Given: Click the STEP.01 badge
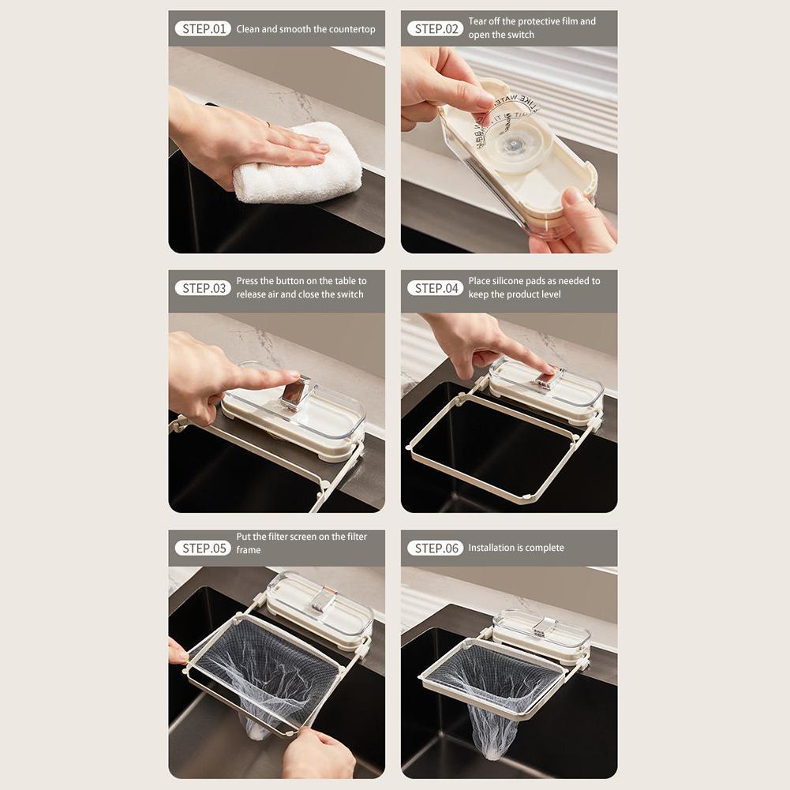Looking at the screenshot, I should [203, 29].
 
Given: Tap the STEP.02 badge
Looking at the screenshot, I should [435, 29].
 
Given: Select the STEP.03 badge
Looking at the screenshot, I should [203, 288].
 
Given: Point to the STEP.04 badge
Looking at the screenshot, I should [435, 288].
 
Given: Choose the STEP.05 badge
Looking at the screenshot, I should [203, 548].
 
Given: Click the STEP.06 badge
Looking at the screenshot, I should [435, 548].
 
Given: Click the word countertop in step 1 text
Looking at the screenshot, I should [351, 29].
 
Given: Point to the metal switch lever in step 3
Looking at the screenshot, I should [295, 391].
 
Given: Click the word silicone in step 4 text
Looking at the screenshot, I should [509, 281].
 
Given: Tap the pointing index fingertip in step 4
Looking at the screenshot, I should [545, 369].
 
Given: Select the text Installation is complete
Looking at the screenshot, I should [516, 548].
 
